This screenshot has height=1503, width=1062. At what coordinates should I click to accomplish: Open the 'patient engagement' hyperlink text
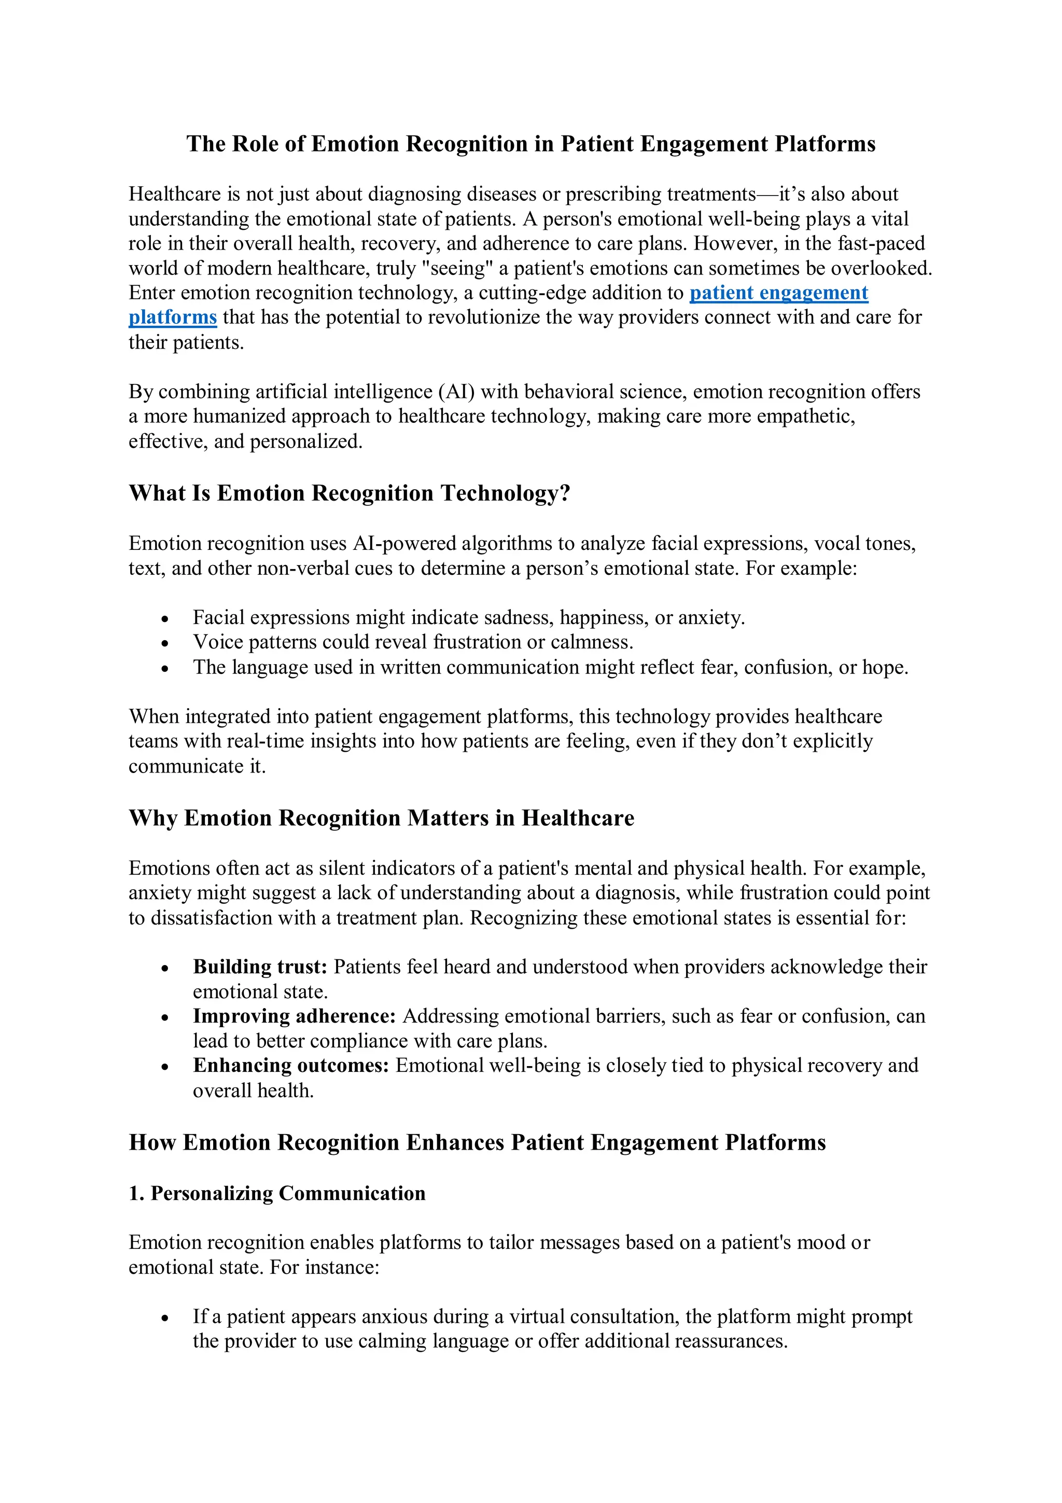tap(779, 293)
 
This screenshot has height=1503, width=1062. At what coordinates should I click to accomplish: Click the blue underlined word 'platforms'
tap(172, 318)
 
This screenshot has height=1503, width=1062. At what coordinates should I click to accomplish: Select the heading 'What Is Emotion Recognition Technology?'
tap(350, 493)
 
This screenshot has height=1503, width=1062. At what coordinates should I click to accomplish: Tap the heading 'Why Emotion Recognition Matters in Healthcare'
tap(382, 818)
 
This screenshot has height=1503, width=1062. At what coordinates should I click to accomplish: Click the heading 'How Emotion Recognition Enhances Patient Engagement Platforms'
tap(477, 1142)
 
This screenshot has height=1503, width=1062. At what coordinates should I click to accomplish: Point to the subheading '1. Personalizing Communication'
tap(277, 1193)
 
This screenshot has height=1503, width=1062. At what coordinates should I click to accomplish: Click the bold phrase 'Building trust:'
tap(260, 967)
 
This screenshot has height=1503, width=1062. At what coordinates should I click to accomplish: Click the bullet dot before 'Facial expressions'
tap(165, 618)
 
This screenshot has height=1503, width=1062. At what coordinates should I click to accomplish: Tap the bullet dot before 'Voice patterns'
tap(165, 643)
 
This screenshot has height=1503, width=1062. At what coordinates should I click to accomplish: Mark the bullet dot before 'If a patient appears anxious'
tap(165, 1318)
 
